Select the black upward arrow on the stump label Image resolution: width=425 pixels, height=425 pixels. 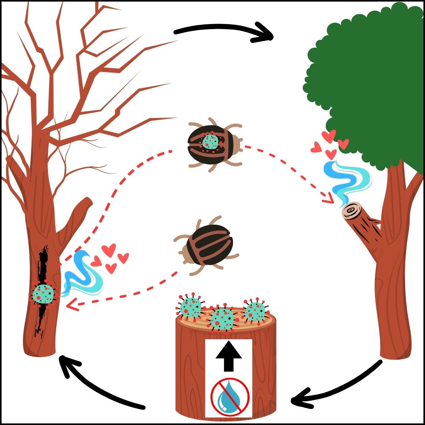click(228, 358)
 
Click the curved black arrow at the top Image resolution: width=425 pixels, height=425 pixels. click(224, 31)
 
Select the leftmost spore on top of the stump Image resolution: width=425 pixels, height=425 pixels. click(191, 307)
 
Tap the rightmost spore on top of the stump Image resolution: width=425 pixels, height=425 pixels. click(255, 311)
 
